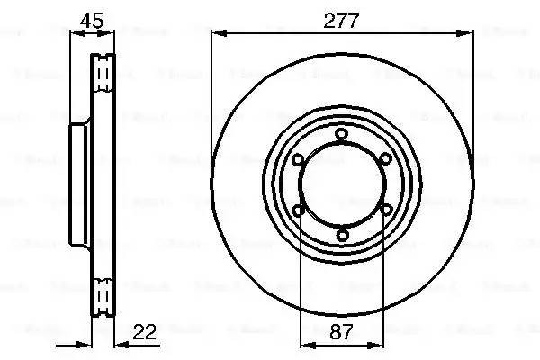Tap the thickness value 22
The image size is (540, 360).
pyautogui.click(x=144, y=332)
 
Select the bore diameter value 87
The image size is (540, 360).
pyautogui.click(x=342, y=332)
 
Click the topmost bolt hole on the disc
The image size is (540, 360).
pyautogui.click(x=341, y=134)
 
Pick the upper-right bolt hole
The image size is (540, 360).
pyautogui.click(x=384, y=159)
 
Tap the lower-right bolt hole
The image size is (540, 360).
pyautogui.click(x=384, y=211)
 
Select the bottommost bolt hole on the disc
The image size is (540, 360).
pyautogui.click(x=341, y=236)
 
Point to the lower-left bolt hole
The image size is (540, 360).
pyautogui.click(x=298, y=211)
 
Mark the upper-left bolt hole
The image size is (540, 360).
pyautogui.click(x=298, y=159)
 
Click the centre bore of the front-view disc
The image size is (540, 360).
pyautogui.click(x=341, y=185)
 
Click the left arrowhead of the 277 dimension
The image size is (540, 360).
pyautogui.click(x=216, y=34)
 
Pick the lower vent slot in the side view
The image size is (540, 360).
pyautogui.click(x=104, y=294)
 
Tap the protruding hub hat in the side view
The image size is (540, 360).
pyautogui.click(x=77, y=184)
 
